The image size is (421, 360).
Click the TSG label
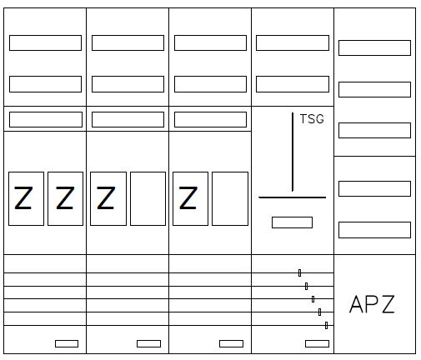coord(312,119)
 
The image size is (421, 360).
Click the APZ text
coord(372,304)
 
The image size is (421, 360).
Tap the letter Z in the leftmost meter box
coord(23,197)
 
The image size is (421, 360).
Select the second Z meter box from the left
coord(65,198)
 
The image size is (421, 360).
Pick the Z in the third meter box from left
coord(106,197)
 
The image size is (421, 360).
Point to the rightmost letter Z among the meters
coord(188,197)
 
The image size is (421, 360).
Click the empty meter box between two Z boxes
coord(148,198)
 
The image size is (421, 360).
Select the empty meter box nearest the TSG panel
coord(230,198)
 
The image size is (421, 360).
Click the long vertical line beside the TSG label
coord(293,152)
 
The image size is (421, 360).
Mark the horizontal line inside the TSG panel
coord(293,197)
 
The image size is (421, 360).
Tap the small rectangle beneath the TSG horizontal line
coord(292,222)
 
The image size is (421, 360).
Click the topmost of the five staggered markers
coord(299,272)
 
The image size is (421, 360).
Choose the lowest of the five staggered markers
coord(326,325)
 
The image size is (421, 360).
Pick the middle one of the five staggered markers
coord(313,299)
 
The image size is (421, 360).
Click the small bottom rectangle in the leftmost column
coord(67,343)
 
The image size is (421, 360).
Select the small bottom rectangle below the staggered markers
coord(317,343)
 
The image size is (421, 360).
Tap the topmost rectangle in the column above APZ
coord(374,47)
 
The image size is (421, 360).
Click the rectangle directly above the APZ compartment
coord(374,230)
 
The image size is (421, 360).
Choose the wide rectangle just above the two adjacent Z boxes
coord(46,119)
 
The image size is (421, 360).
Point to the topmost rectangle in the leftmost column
coord(45,42)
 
